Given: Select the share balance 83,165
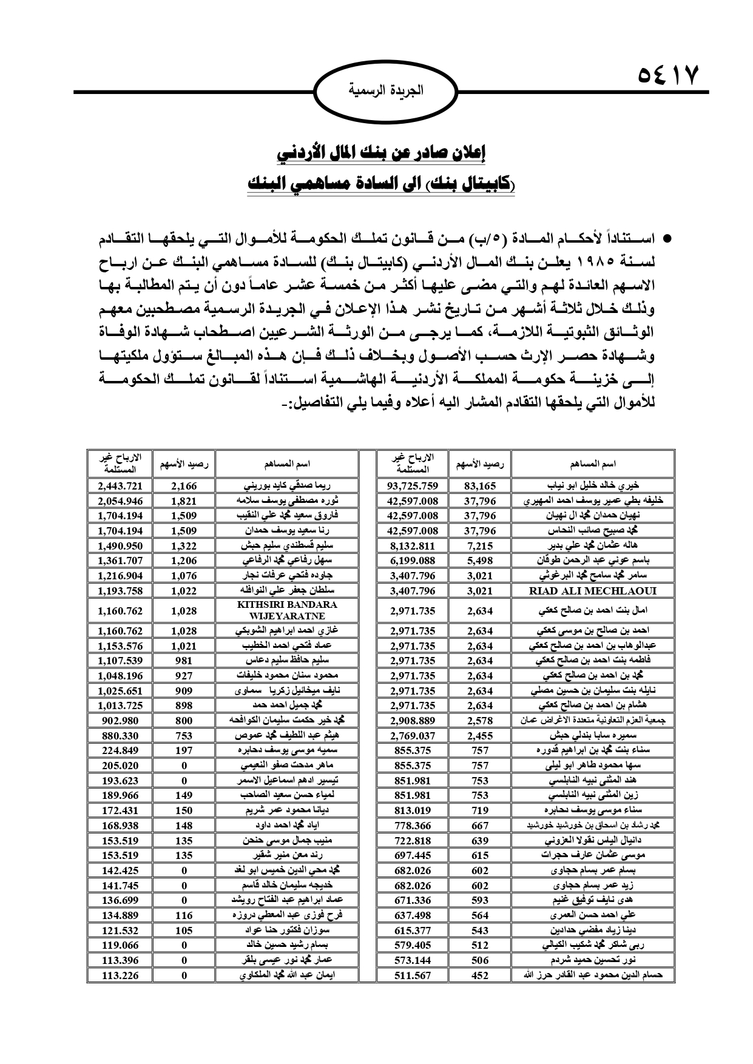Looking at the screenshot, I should point(480,485).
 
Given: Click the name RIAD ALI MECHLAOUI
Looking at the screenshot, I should point(593,590).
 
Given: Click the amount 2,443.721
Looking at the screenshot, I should point(120,485).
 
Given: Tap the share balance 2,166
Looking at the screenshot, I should point(184,485).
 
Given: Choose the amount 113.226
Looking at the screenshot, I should point(120,975).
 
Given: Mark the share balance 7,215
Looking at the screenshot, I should point(480,545).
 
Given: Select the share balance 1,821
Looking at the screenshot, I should point(184,500).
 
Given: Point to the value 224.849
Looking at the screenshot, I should point(120,750).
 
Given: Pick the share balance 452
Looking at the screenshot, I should point(480,975).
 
